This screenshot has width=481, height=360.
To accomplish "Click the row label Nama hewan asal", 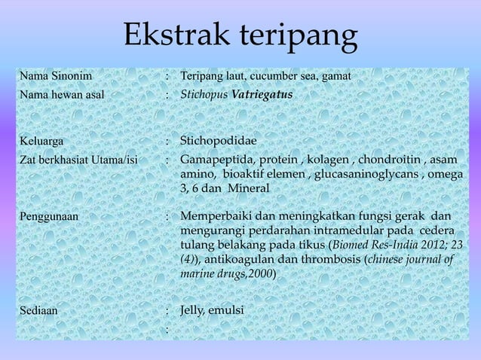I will click(63, 96).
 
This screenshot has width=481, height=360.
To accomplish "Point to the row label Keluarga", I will click(42, 141).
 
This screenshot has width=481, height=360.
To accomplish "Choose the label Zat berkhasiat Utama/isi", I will click(79, 160).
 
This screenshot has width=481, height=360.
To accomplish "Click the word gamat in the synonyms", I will click(335, 77).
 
